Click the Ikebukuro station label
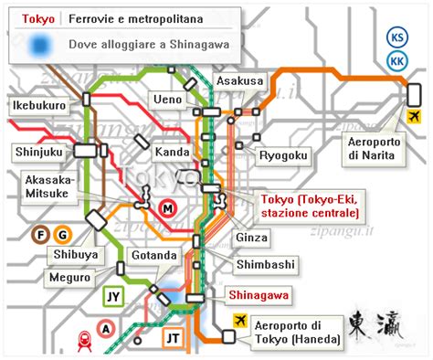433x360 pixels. pos(37,105)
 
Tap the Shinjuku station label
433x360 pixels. pos(37,151)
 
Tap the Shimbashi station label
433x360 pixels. pos(266,265)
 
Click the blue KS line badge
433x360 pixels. pos(398,38)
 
